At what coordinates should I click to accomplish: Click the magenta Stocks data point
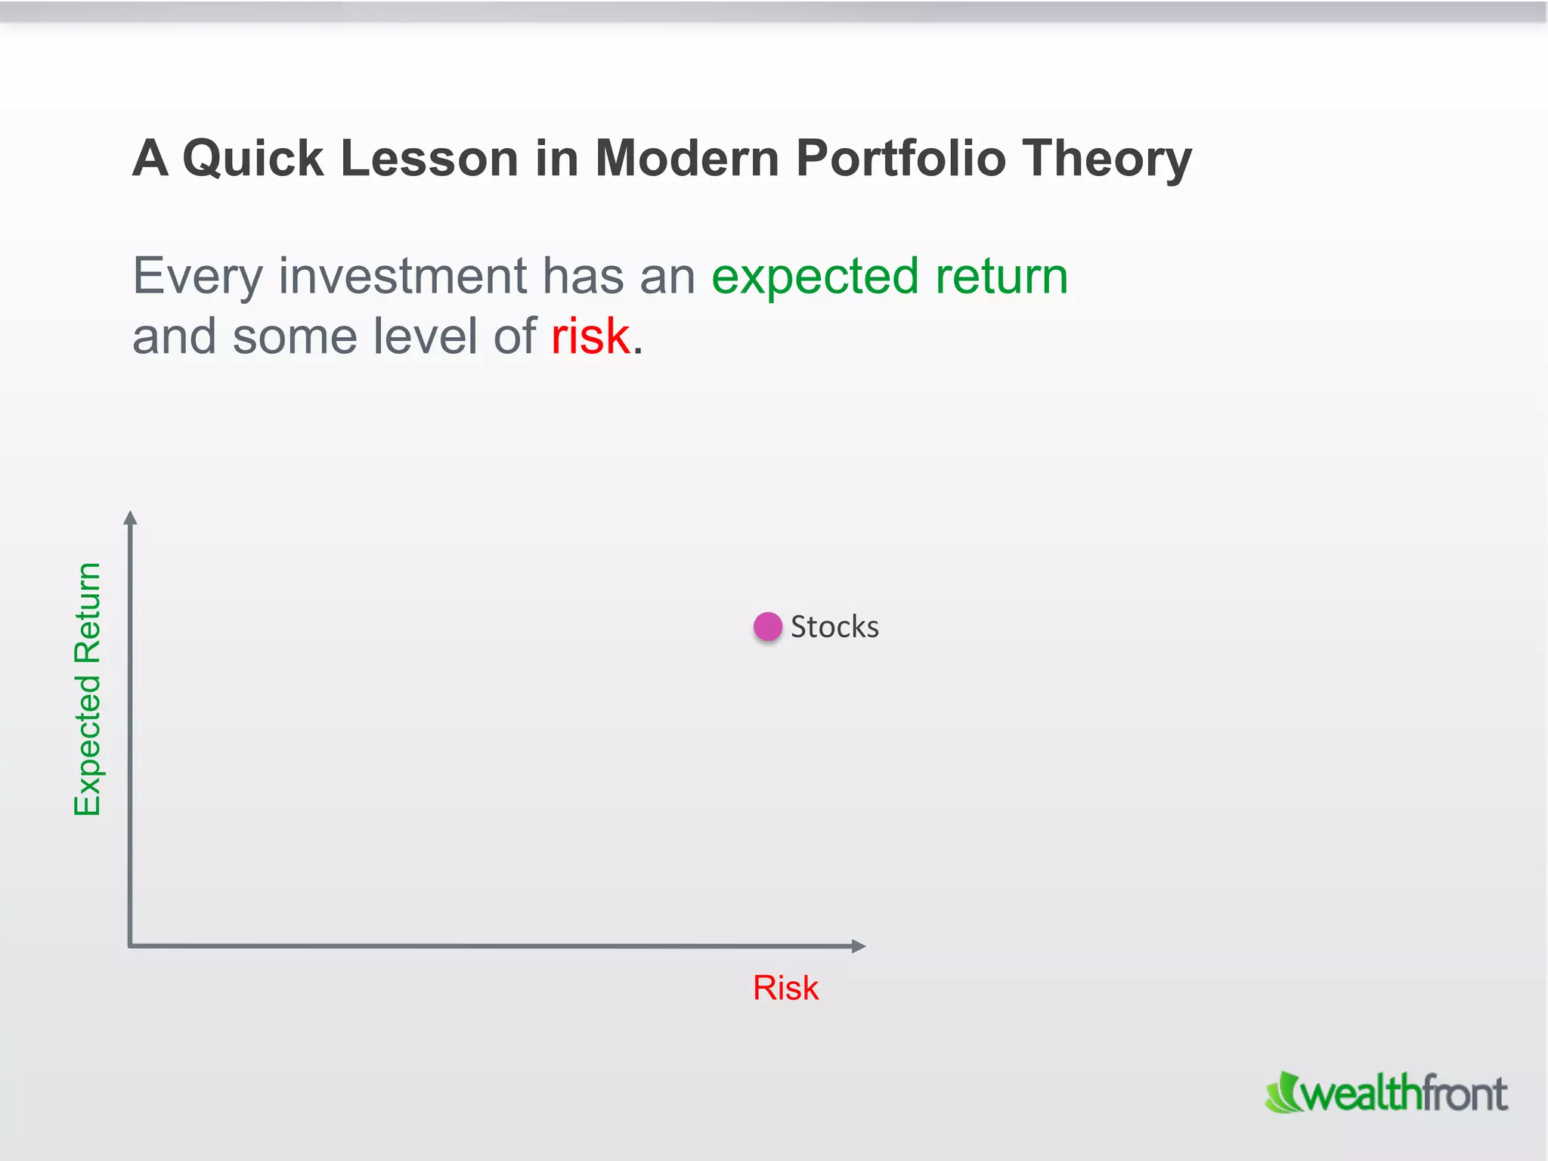(x=767, y=627)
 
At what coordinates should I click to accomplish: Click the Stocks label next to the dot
(x=834, y=627)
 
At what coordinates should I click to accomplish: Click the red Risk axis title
(x=785, y=988)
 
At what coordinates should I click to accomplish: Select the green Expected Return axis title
(x=88, y=689)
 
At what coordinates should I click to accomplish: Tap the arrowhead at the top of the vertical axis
(x=130, y=518)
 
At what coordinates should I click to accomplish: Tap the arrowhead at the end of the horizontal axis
(x=858, y=946)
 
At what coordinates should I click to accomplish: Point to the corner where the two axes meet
(x=131, y=945)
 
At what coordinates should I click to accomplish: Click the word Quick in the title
(x=252, y=159)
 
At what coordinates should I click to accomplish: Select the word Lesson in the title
(x=429, y=159)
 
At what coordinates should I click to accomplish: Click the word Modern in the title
(x=686, y=159)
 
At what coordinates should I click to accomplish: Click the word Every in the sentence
(x=197, y=277)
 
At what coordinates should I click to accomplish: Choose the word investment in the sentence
(x=402, y=276)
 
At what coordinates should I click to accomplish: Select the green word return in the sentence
(x=1002, y=277)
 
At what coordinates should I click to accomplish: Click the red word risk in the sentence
(x=590, y=336)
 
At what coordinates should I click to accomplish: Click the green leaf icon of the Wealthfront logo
(x=1282, y=1094)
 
